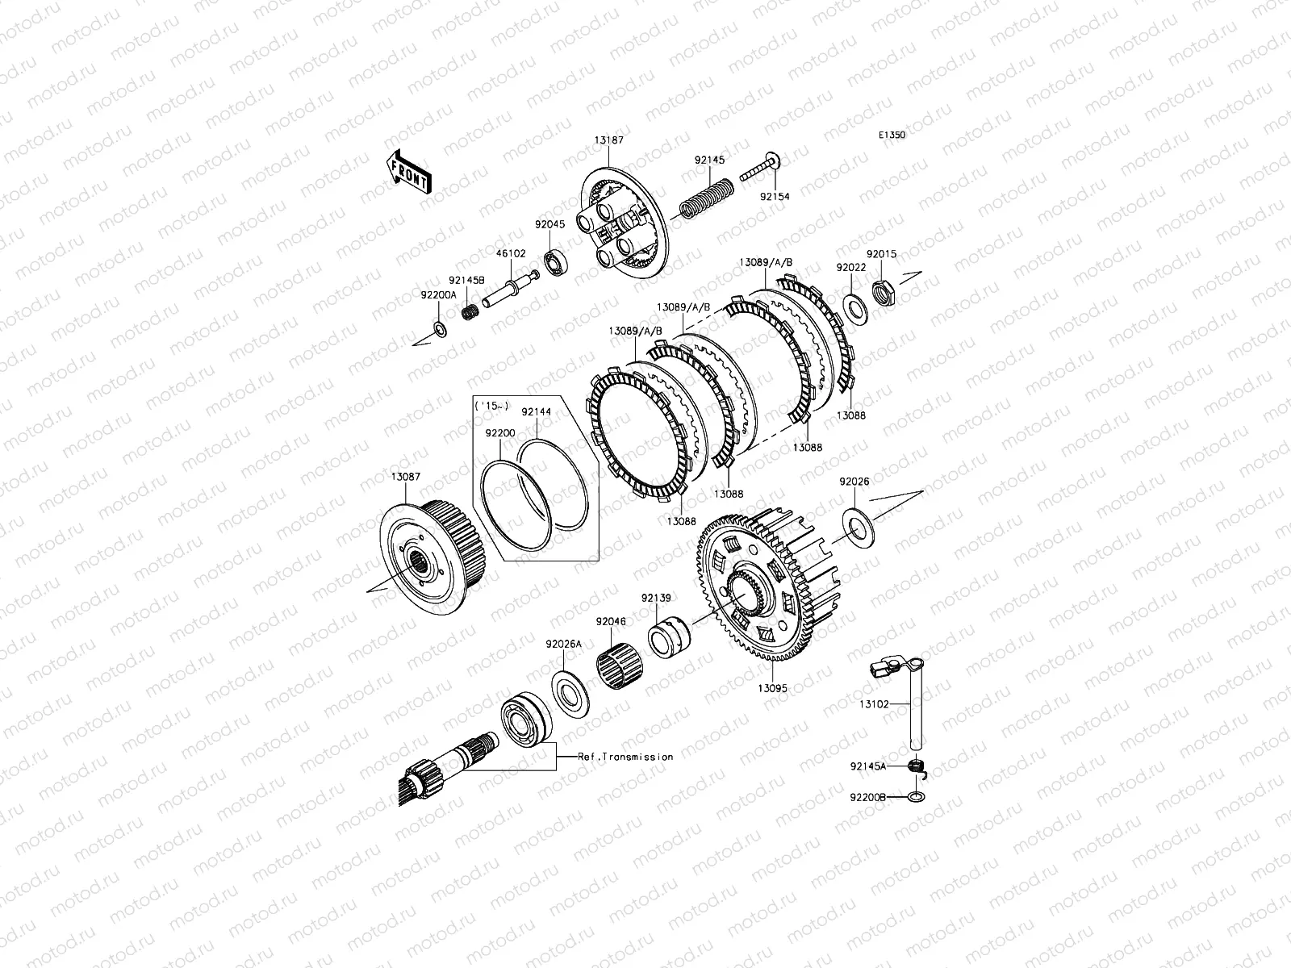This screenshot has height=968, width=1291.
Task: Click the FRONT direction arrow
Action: pos(409,171)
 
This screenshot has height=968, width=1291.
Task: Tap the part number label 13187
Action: pos(608,140)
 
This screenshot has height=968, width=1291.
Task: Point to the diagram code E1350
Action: pos(892,135)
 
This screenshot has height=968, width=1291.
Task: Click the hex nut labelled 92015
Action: pos(884,292)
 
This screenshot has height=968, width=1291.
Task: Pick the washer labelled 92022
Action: pos(854,308)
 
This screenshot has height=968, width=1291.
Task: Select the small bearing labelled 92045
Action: pos(554,263)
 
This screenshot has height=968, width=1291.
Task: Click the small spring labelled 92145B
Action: pos(470,311)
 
